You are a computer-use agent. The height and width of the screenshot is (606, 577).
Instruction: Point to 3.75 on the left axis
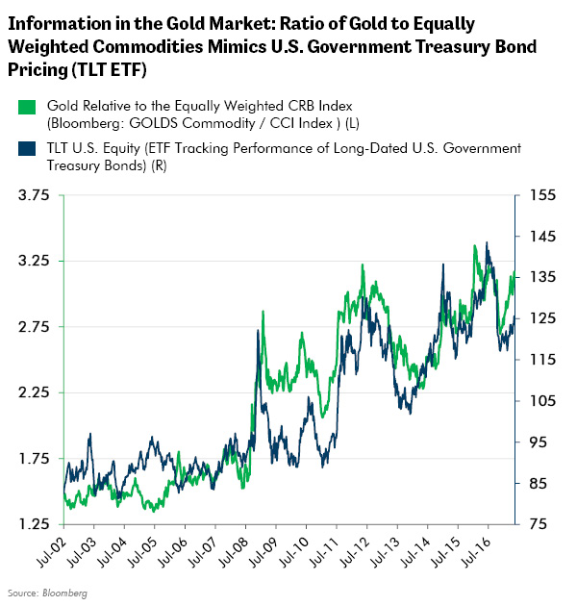pyautogui.click(x=34, y=195)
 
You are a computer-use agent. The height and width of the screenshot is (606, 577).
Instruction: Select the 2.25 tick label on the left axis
pyautogui.click(x=34, y=392)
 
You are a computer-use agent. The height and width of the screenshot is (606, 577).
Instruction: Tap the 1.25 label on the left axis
pyautogui.click(x=34, y=524)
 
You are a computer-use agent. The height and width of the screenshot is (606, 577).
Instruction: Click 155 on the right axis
pyautogui.click(x=541, y=195)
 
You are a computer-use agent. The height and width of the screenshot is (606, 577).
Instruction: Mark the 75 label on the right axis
pyautogui.click(x=538, y=524)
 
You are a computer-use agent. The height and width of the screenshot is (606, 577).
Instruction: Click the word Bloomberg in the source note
pyautogui.click(x=66, y=593)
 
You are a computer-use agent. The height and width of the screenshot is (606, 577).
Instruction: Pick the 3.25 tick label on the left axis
pyautogui.click(x=34, y=261)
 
